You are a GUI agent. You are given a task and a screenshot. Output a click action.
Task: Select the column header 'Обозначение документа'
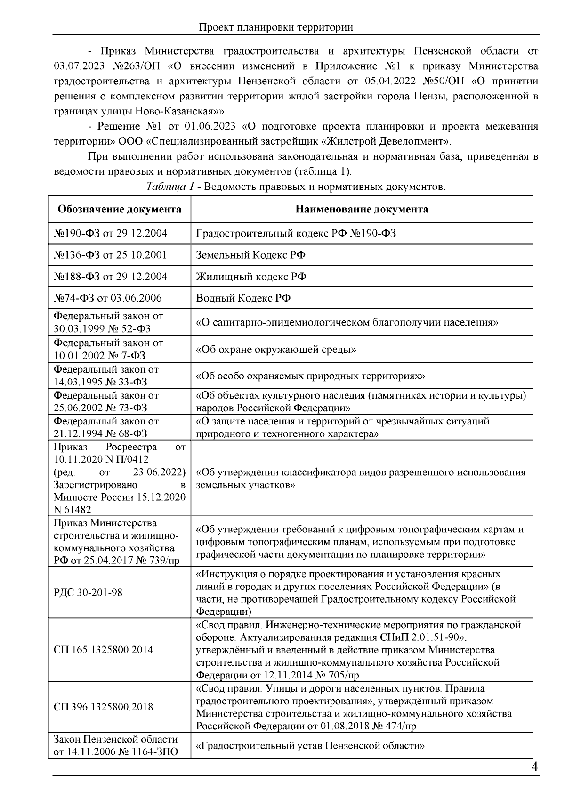tap(119, 209)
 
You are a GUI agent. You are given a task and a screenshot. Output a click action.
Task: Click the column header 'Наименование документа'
tap(362, 209)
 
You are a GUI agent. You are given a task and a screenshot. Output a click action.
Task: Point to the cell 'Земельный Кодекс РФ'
tap(250, 255)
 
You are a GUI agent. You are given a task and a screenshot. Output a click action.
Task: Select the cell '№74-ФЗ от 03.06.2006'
tap(108, 298)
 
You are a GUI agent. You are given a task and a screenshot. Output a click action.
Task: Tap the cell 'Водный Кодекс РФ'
tap(243, 298)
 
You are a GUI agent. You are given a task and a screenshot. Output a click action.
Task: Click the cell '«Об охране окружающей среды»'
tap(276, 350)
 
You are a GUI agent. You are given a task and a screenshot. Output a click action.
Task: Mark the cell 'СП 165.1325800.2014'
tap(104, 650)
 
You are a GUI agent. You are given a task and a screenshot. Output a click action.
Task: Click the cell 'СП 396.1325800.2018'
tap(104, 707)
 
